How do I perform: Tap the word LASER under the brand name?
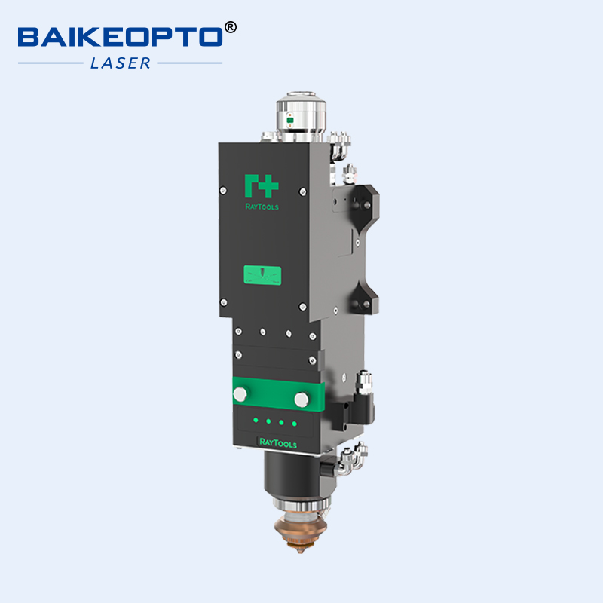[x=121, y=63]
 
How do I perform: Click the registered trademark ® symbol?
[x=231, y=27]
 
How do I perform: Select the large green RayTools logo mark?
[x=262, y=185]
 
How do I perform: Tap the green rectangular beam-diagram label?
[x=262, y=276]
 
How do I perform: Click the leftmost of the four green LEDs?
[x=256, y=419]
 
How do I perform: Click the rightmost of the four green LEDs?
[x=294, y=424]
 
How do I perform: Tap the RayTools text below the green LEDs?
[x=277, y=442]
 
